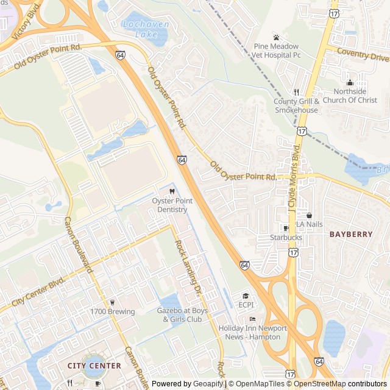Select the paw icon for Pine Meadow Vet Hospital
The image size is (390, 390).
click(x=276, y=38)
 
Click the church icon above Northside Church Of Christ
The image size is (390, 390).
click(x=350, y=83)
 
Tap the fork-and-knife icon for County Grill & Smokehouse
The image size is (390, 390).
click(x=296, y=92)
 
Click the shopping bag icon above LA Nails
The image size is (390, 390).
click(x=309, y=215)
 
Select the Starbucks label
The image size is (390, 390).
click(x=286, y=237)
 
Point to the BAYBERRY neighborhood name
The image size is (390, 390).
click(x=350, y=234)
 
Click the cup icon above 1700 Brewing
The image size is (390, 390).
click(x=112, y=302)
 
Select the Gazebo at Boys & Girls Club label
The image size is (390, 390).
click(x=182, y=314)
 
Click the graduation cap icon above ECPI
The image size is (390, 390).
click(x=246, y=296)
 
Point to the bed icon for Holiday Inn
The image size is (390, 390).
click(x=252, y=319)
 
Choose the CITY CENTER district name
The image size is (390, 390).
click(x=94, y=366)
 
